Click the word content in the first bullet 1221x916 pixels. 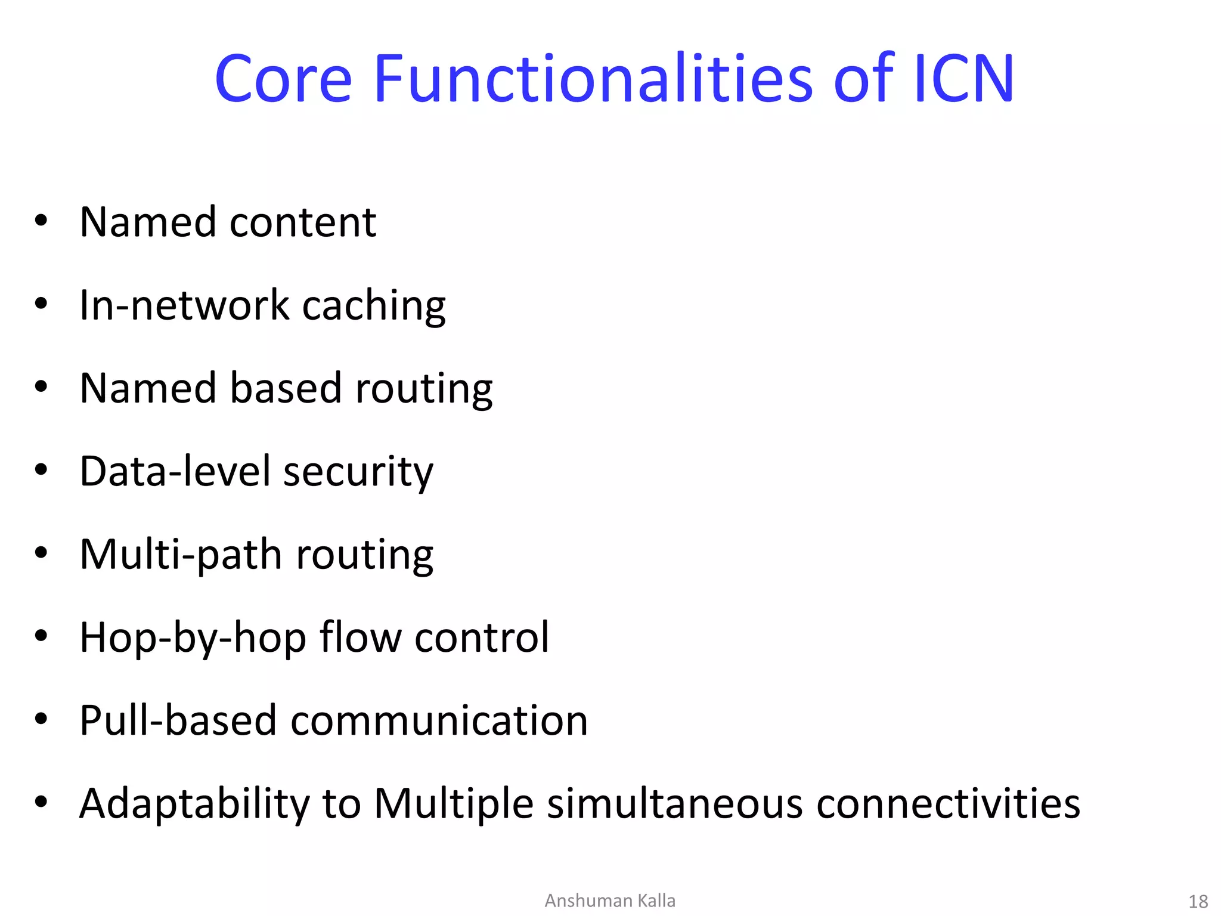tap(303, 222)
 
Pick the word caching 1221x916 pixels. tap(374, 305)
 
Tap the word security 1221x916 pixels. tap(358, 472)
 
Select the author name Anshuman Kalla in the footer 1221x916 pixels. tap(610, 900)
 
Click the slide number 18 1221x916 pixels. tap(1198, 901)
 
